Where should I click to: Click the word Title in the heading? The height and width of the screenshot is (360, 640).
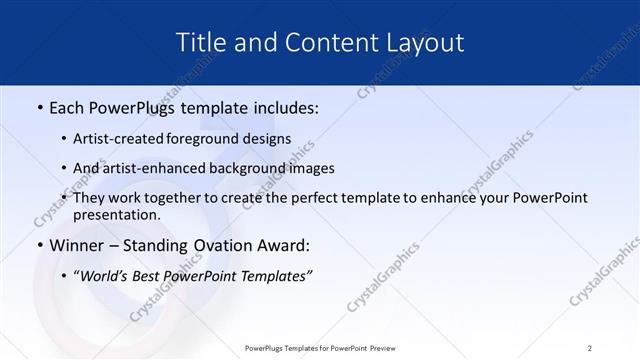(x=200, y=42)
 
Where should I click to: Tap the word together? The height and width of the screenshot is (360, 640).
(x=176, y=198)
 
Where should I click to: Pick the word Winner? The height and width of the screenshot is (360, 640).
(x=74, y=245)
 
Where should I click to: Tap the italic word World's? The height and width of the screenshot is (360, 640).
(x=106, y=275)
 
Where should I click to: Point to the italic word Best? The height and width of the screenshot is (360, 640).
(x=153, y=275)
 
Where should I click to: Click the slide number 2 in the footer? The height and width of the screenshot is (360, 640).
(x=590, y=348)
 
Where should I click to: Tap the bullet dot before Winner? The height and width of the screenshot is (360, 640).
(x=39, y=245)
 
